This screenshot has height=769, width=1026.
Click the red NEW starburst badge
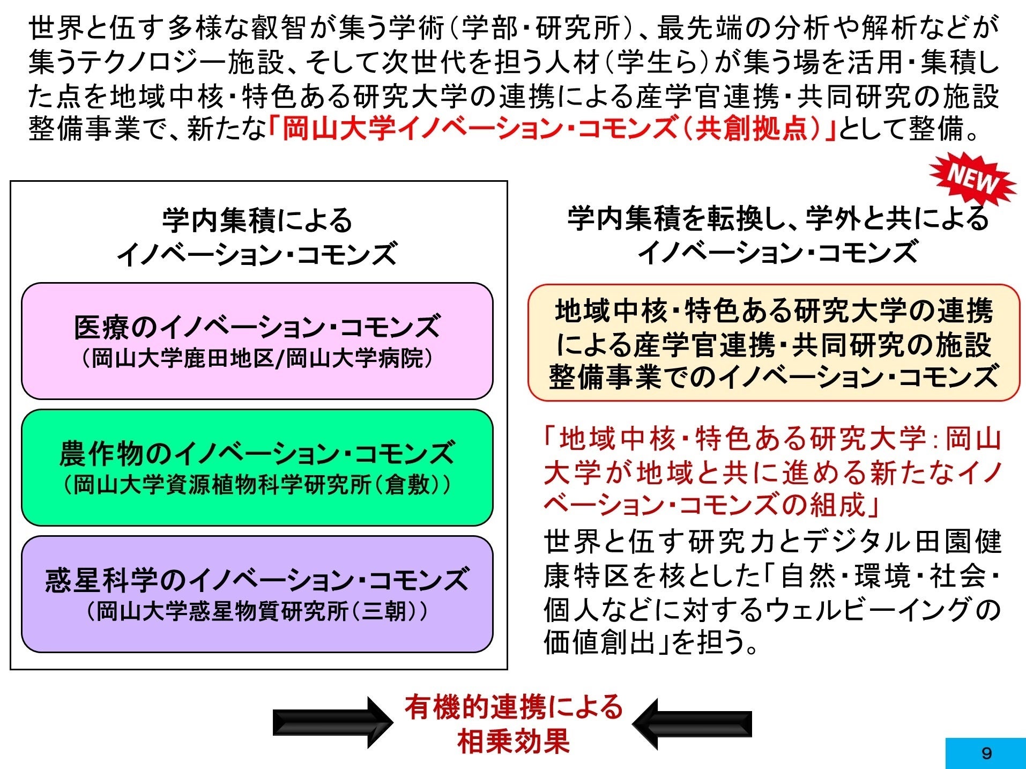[x=972, y=179]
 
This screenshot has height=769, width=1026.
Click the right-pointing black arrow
[x=332, y=722]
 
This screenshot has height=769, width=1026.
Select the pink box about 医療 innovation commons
[x=257, y=341]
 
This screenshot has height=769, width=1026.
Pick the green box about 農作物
[x=257, y=467]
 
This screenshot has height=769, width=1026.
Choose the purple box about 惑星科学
[x=257, y=594]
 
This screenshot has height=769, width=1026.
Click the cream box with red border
[x=774, y=343]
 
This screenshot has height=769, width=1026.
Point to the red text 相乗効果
[x=513, y=742]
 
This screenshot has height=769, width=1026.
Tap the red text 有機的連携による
[x=513, y=707]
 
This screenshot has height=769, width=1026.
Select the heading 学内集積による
[x=257, y=220]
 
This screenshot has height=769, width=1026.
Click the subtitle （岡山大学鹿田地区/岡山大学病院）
[x=257, y=358]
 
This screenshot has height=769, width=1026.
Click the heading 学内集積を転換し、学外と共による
[x=778, y=219]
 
